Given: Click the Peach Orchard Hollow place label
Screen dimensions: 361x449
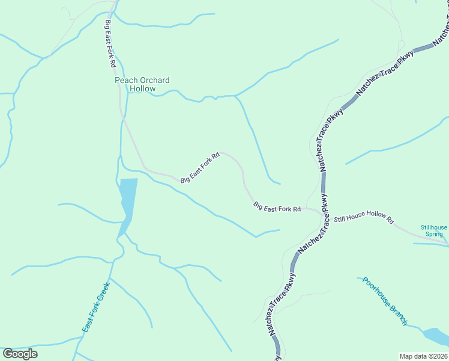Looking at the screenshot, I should point(142,84).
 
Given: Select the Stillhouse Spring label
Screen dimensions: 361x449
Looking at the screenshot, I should point(433,230).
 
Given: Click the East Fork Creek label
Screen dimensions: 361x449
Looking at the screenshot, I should point(96,307).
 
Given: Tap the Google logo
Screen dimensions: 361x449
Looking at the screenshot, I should point(20,354).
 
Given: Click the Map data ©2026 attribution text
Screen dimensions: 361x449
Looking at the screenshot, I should point(424,356).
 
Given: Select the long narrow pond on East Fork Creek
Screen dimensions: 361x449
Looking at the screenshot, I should point(127,199).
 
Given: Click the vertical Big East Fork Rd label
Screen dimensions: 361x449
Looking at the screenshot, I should point(110,43).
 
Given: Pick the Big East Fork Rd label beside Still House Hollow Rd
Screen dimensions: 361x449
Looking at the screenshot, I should point(277,208).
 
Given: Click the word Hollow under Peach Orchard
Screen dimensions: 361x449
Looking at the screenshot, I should point(142,89).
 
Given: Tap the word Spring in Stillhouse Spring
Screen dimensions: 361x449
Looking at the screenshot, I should point(433,234).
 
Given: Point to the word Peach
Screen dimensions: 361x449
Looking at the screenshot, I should point(126,80).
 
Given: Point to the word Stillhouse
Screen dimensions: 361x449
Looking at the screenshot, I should point(433,227).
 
